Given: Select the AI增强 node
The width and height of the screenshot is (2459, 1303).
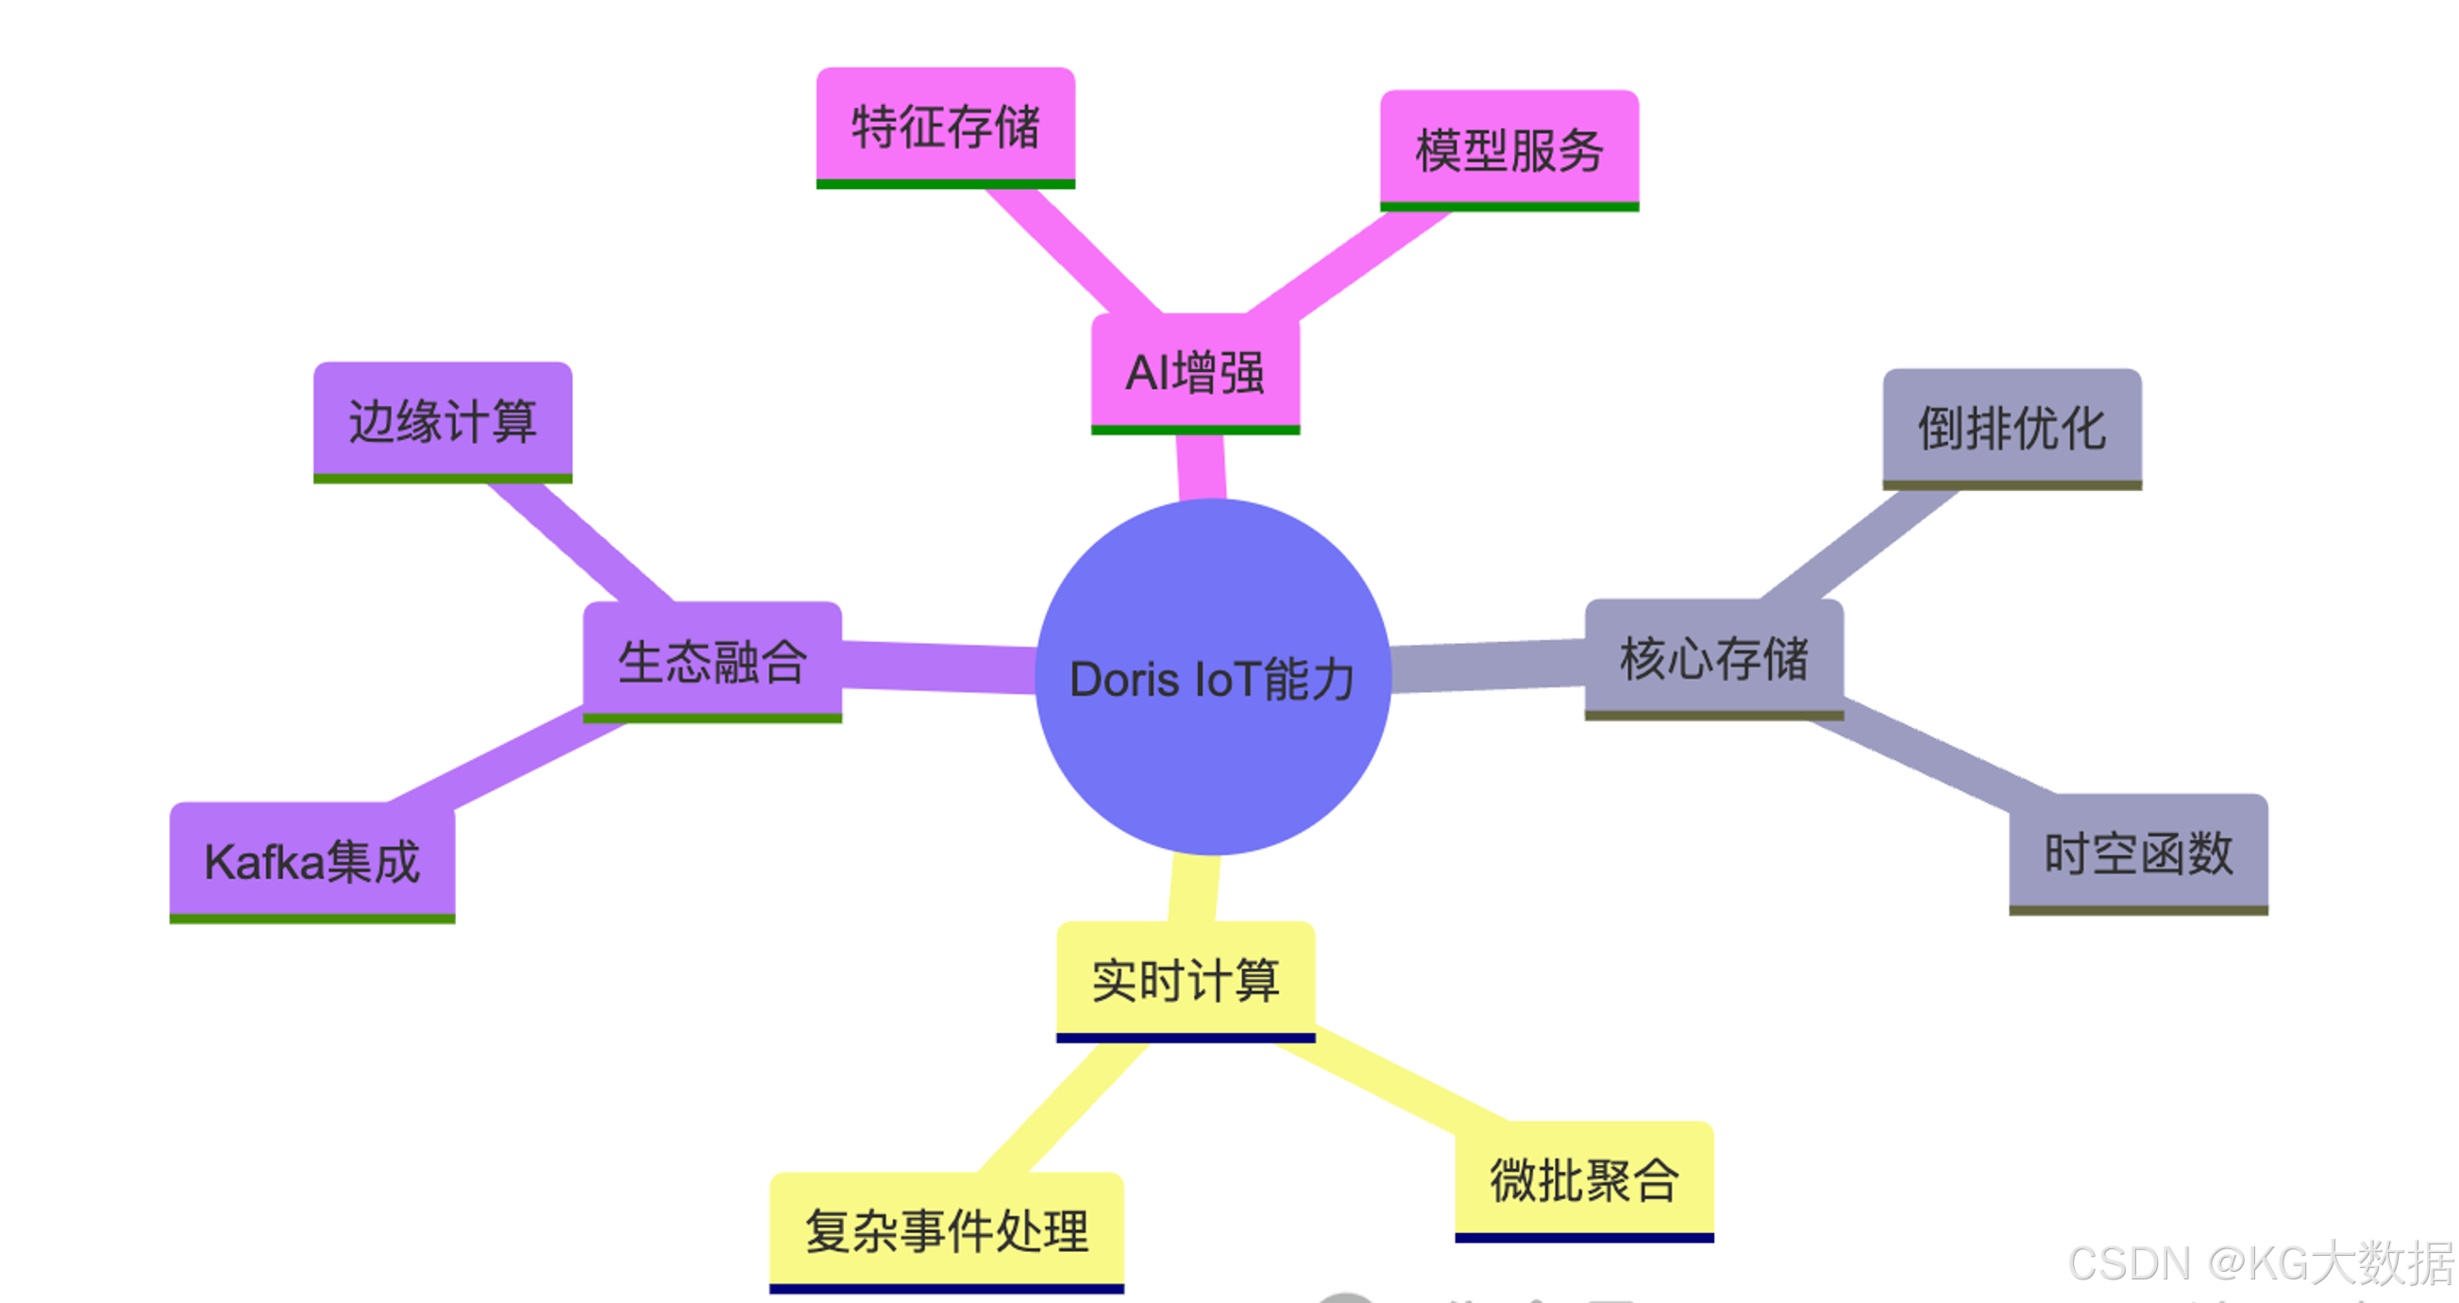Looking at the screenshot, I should tap(1195, 371).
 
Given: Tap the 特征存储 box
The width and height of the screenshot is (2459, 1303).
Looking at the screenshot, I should tap(945, 126).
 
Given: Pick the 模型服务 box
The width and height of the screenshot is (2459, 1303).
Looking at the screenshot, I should tap(1509, 149).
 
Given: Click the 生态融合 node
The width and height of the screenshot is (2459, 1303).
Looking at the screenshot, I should tap(712, 661).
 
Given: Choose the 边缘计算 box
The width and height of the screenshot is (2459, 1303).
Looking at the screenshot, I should tap(443, 421).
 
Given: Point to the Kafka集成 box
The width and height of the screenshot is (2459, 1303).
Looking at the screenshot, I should tap(312, 861).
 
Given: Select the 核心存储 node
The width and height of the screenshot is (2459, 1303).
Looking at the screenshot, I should tap(1713, 658).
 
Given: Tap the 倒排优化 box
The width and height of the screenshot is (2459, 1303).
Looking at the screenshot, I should tap(2012, 428).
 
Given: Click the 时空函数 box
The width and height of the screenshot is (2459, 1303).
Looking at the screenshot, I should tap(2138, 853).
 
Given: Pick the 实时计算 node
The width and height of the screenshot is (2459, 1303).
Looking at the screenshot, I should tap(1186, 980).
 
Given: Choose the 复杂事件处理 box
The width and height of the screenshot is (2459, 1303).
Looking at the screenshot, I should tap(946, 1230).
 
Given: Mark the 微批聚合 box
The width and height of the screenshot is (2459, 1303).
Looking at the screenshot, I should tap(1584, 1180).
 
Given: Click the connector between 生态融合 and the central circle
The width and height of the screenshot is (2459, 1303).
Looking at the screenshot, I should tap(939, 666).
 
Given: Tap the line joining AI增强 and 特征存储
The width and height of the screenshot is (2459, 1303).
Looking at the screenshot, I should tap(1075, 250).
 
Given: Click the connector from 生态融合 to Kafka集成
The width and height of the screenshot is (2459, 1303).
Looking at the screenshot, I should tap(506, 759).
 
